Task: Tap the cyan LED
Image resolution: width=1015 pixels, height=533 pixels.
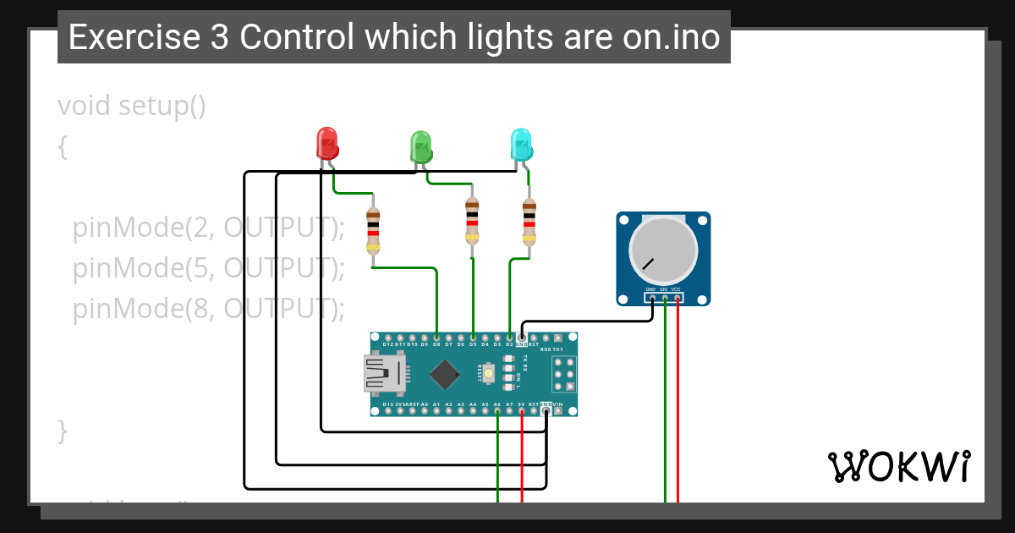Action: (521, 144)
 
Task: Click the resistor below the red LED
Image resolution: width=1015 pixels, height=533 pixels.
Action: (373, 231)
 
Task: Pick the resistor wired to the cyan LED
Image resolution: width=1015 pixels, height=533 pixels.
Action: (529, 222)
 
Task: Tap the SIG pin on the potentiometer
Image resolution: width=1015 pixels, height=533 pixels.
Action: (665, 297)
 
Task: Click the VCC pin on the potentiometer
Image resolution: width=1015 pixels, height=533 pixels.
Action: (677, 297)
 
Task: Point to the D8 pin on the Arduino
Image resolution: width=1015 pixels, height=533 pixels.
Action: (436, 338)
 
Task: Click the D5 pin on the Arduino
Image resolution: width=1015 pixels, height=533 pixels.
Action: (473, 338)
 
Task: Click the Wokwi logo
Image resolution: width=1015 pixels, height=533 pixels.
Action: (898, 466)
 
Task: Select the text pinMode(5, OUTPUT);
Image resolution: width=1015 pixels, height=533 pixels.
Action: (209, 268)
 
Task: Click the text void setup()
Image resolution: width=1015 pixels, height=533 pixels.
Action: (132, 107)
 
